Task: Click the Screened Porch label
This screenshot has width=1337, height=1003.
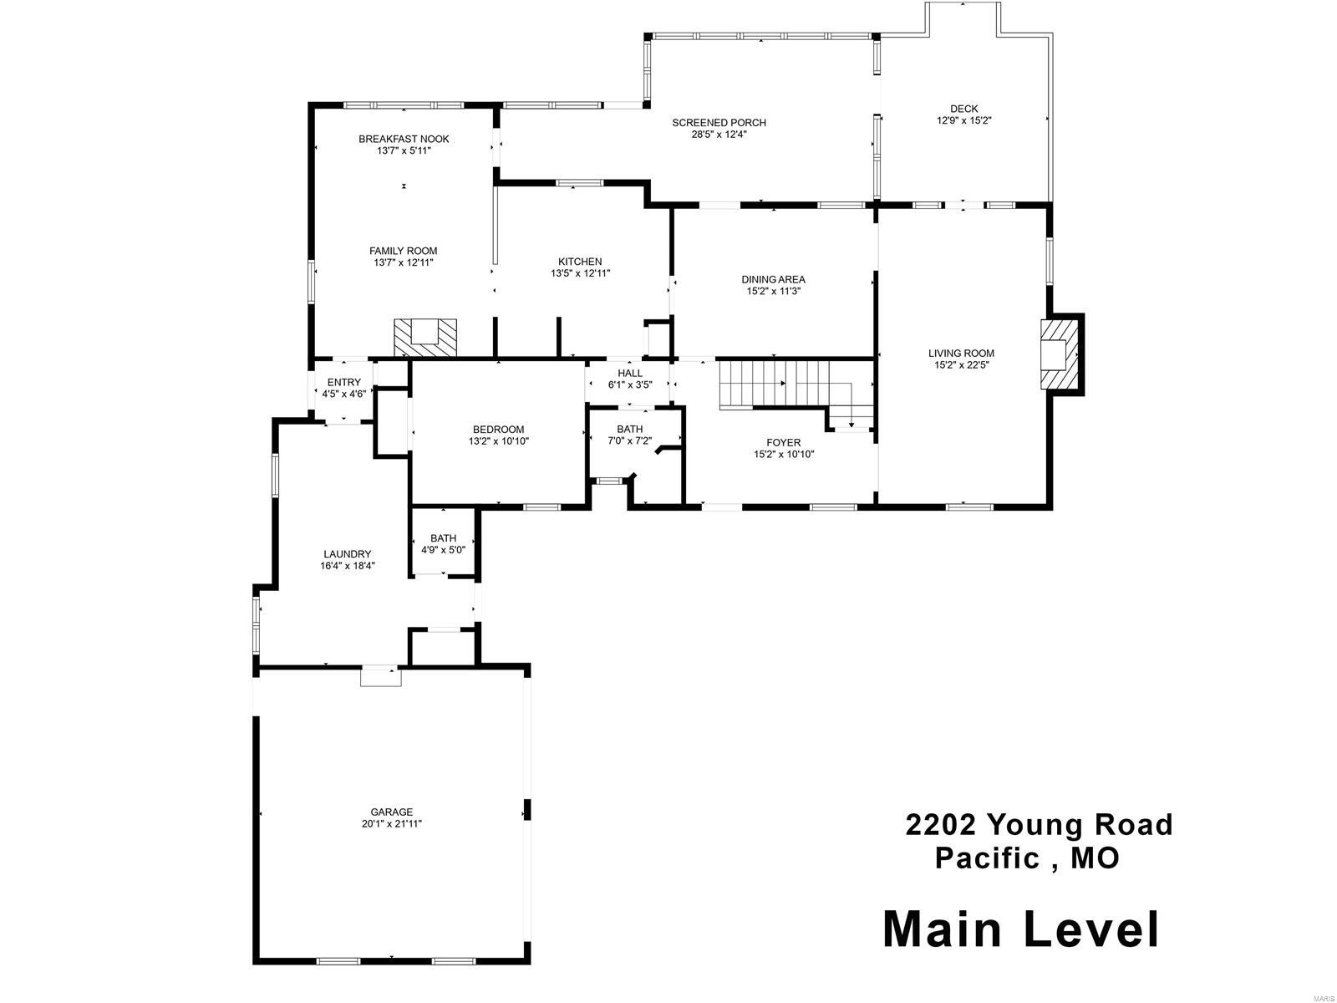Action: pyautogui.click(x=719, y=123)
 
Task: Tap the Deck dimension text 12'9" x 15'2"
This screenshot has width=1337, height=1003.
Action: pyautogui.click(x=963, y=120)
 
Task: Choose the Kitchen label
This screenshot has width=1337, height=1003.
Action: pyautogui.click(x=580, y=262)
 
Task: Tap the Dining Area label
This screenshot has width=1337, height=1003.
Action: pyautogui.click(x=773, y=280)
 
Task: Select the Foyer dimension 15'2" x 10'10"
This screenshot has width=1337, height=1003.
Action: pyautogui.click(x=783, y=455)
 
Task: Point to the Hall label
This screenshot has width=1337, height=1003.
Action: pyautogui.click(x=630, y=374)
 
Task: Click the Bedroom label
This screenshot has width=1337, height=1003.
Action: pyautogui.click(x=499, y=430)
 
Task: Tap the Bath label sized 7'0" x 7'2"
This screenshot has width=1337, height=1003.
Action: pyautogui.click(x=630, y=430)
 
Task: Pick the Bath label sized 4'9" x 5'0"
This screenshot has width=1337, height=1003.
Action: pyautogui.click(x=443, y=538)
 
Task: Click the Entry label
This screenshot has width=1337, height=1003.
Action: pyautogui.click(x=343, y=383)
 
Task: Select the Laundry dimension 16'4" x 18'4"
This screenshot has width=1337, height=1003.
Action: pyautogui.click(x=347, y=566)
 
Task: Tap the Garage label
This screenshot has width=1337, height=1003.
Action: pyautogui.click(x=392, y=812)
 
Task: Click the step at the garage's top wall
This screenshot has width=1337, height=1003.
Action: pyautogui.click(x=380, y=676)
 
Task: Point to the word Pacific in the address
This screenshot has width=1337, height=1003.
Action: pyautogui.click(x=986, y=858)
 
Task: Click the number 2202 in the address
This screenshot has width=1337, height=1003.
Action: pyautogui.click(x=941, y=826)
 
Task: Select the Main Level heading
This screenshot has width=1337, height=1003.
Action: pyautogui.click(x=1021, y=929)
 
